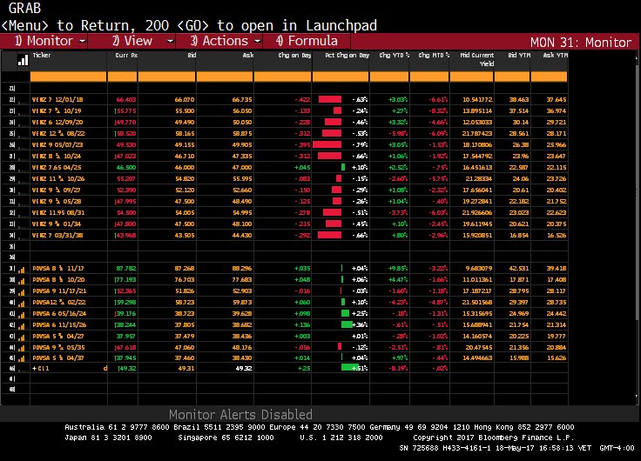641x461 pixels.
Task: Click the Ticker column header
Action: pos(42,54)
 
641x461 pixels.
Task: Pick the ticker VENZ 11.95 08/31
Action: pos(58,212)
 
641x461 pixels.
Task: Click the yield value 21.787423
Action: pos(476,132)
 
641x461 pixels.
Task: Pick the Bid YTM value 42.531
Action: pos(516,267)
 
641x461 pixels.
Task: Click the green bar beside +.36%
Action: pos(346,325)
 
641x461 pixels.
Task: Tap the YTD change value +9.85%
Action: pos(398,267)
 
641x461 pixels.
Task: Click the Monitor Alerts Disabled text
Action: pos(240,415)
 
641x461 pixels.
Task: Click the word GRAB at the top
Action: pos(24,8)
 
